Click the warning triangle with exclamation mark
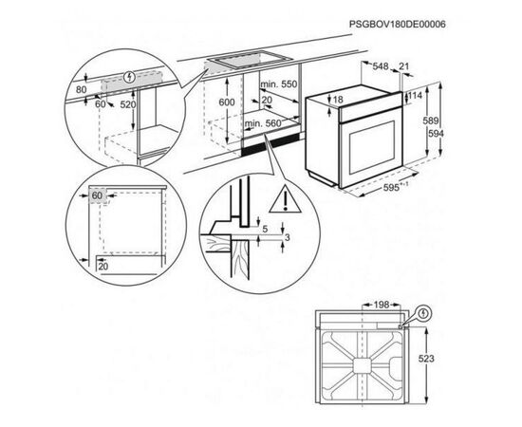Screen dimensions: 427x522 point(282,199)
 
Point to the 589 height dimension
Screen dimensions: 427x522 point(431,121)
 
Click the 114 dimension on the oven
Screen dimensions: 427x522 point(414,96)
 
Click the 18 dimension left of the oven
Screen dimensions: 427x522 point(337,100)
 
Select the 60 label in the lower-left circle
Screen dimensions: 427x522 point(97,196)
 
